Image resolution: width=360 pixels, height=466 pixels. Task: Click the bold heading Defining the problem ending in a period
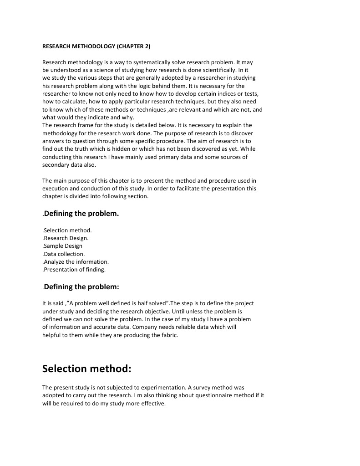[x=81, y=213]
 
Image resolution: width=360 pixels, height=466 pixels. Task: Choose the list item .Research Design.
[x=66, y=238]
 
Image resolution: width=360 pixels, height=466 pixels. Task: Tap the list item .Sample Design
[x=62, y=246]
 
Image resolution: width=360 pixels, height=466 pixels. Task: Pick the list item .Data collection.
[x=64, y=254]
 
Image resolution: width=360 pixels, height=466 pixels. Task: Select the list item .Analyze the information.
[x=76, y=261]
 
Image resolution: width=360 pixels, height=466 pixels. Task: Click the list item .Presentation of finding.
[x=74, y=270]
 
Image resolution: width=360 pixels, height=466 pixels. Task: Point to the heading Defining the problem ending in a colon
[x=81, y=287]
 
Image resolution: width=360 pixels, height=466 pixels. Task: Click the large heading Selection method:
[x=86, y=368]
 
